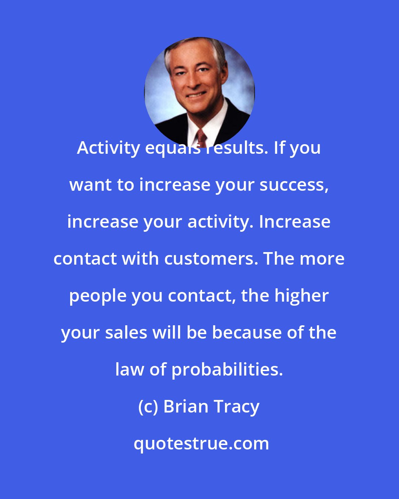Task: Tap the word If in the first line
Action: point(279,148)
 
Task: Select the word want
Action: point(90,185)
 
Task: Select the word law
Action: point(129,370)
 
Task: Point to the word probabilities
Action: point(227,370)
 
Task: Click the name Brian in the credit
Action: point(186,407)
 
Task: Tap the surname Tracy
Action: point(236,407)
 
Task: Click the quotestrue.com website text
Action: point(201,444)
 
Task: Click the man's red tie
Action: point(201,137)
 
